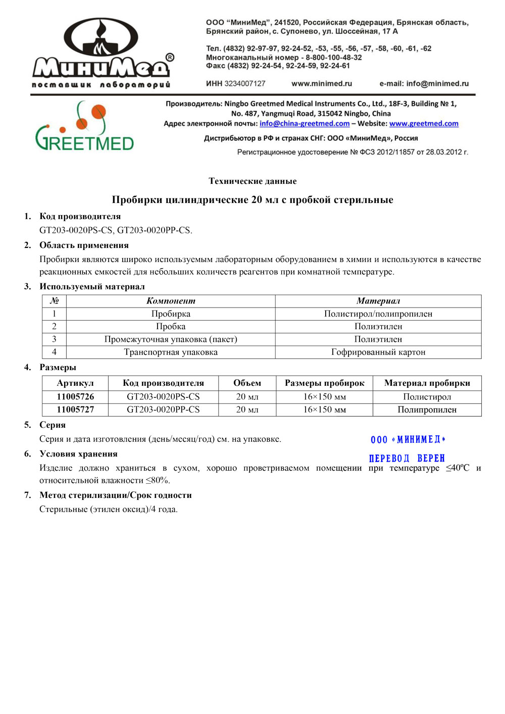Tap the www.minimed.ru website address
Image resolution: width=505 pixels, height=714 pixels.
click(x=322, y=84)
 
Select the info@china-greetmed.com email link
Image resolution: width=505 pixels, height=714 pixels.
click(x=305, y=124)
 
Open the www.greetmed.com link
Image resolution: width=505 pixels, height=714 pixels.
click(x=424, y=124)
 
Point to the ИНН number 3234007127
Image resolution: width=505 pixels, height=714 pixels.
click(x=245, y=84)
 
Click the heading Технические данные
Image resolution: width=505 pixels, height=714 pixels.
click(x=252, y=181)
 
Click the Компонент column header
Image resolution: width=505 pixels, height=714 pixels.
click(x=171, y=301)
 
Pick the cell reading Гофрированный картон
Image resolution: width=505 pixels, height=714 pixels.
click(x=378, y=352)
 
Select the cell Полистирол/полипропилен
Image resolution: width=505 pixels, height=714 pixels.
click(x=378, y=314)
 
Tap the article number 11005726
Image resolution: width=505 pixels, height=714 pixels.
click(x=75, y=397)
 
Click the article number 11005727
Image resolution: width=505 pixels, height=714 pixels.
click(x=75, y=410)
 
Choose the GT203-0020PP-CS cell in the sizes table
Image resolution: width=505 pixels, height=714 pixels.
click(x=163, y=410)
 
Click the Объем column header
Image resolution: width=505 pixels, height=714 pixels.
click(x=247, y=383)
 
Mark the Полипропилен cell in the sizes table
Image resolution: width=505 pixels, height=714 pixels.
click(x=427, y=410)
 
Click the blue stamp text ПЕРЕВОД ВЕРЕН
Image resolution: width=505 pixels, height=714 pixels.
click(x=407, y=458)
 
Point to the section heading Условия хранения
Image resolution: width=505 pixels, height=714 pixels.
click(x=78, y=454)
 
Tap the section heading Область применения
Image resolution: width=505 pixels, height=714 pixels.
click(x=84, y=245)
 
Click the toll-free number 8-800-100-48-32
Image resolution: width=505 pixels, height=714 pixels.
click(x=334, y=58)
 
